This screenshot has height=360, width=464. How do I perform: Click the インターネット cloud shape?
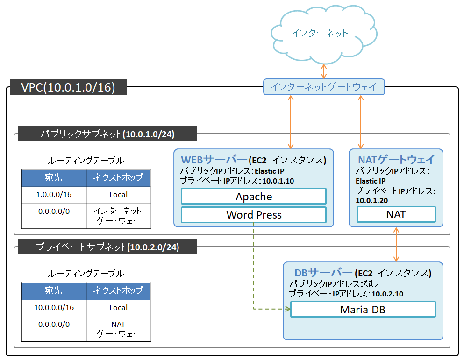(320, 33)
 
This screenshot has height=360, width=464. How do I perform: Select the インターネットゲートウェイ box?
(324, 87)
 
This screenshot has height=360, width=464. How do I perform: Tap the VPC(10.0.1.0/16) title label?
(68, 87)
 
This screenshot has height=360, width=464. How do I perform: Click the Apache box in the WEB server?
(254, 197)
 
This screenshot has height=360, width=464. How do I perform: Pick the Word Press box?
(254, 215)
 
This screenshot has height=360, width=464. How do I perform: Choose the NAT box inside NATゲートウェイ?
(396, 214)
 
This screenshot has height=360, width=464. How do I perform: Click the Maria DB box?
(363, 309)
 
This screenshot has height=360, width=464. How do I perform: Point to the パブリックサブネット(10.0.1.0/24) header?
(107, 134)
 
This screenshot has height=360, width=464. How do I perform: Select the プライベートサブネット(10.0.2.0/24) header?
(107, 247)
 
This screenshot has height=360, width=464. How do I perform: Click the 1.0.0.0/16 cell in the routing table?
(54, 195)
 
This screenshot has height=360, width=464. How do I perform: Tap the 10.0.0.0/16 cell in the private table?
(54, 308)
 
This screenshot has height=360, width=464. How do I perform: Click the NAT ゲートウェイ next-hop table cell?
(118, 329)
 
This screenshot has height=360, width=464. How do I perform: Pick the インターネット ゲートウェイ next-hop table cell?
(118, 216)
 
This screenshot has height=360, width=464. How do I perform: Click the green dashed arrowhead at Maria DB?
(286, 309)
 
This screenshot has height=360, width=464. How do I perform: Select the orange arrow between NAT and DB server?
(396, 245)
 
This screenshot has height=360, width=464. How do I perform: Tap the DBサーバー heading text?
(323, 273)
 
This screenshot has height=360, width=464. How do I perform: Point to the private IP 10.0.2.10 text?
(387, 294)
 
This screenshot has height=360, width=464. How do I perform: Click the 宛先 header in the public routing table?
(54, 178)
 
